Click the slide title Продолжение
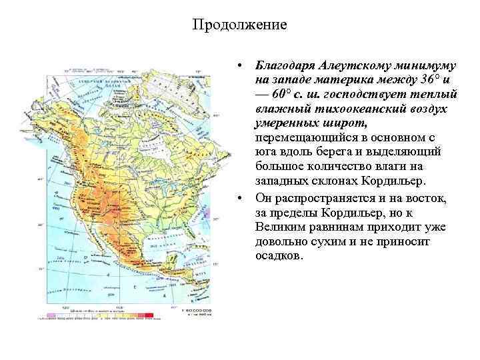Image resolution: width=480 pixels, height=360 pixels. (x=239, y=25)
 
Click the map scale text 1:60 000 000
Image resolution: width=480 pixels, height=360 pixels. (x=197, y=311)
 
